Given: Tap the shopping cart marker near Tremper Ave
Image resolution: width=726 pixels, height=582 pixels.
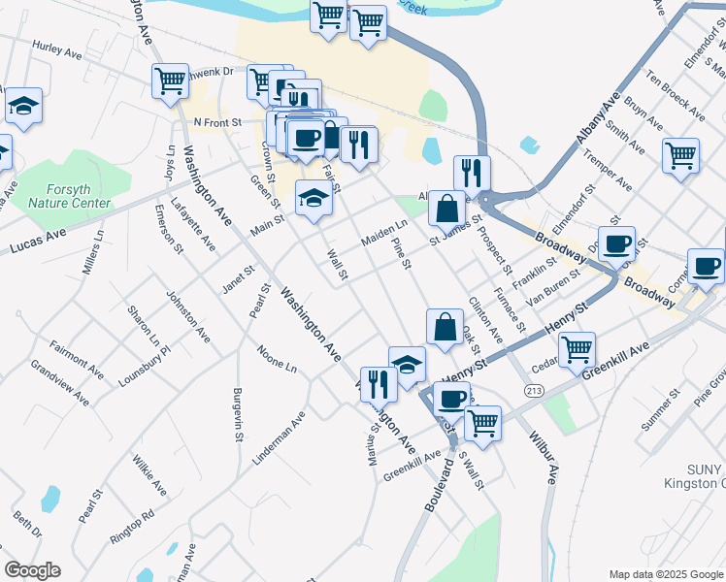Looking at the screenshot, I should [680, 154].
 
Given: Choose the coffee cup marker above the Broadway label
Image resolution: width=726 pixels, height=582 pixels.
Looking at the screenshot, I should [615, 244].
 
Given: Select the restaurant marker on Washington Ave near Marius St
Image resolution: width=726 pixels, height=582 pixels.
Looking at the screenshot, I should [377, 383].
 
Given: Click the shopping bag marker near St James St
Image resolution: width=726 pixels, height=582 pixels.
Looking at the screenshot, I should [445, 207].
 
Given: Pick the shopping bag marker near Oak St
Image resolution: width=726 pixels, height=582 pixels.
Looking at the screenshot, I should [444, 327].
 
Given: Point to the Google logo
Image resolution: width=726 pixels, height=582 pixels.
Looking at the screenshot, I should [32, 570].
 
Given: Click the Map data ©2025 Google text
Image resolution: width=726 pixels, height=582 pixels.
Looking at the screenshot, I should [665, 573].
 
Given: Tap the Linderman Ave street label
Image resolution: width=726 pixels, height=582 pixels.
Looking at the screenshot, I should [280, 437].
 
